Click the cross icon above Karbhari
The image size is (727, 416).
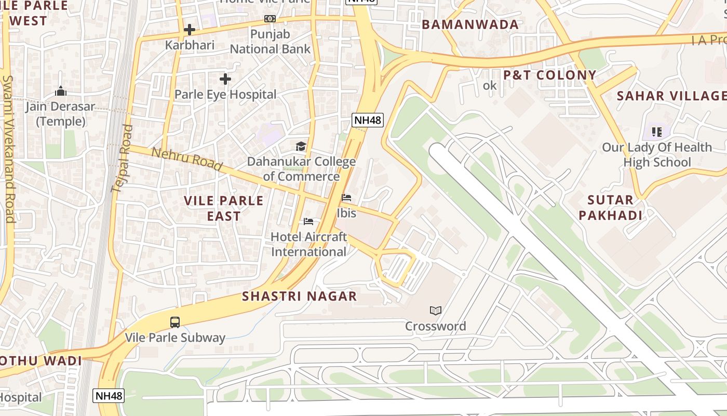click(190, 30)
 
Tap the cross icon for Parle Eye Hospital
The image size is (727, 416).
click(225, 79)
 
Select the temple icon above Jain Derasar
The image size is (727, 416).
click(61, 92)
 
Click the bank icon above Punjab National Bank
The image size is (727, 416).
click(270, 19)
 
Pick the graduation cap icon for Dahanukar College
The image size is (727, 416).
click(301, 146)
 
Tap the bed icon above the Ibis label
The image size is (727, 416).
click(346, 198)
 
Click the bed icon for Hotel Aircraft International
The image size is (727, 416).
click(308, 222)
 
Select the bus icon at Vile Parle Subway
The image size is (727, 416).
click(175, 322)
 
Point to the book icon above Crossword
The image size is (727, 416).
click(435, 310)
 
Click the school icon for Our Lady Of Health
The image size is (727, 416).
click(656, 132)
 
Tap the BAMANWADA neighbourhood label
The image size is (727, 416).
click(469, 24)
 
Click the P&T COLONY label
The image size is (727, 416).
click(549, 75)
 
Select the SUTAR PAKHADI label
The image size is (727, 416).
click(610, 207)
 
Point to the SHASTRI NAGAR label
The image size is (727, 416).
click(300, 296)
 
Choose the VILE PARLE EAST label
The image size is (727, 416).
click(224, 208)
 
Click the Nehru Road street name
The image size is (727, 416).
click(187, 159)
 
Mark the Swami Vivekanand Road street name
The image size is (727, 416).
click(9, 148)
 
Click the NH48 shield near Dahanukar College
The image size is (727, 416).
click(368, 121)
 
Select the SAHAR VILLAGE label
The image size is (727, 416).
click(671, 96)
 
